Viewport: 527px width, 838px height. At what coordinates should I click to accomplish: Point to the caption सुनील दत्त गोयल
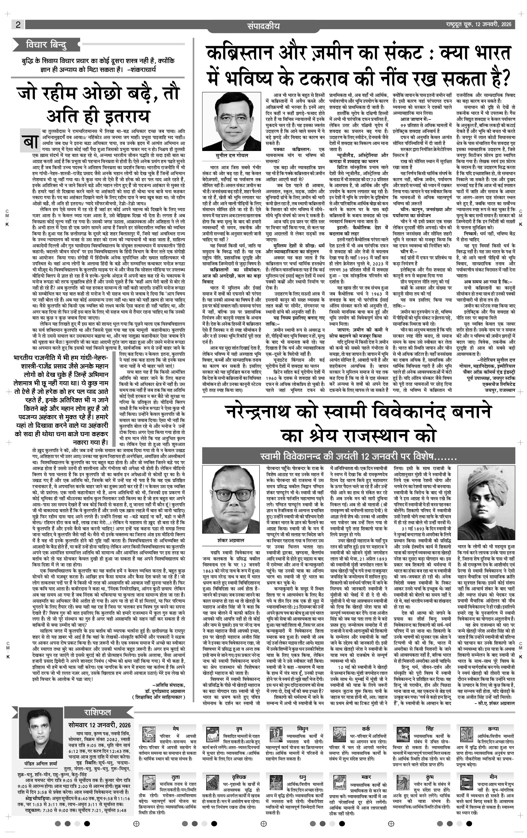pos(230,155)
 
